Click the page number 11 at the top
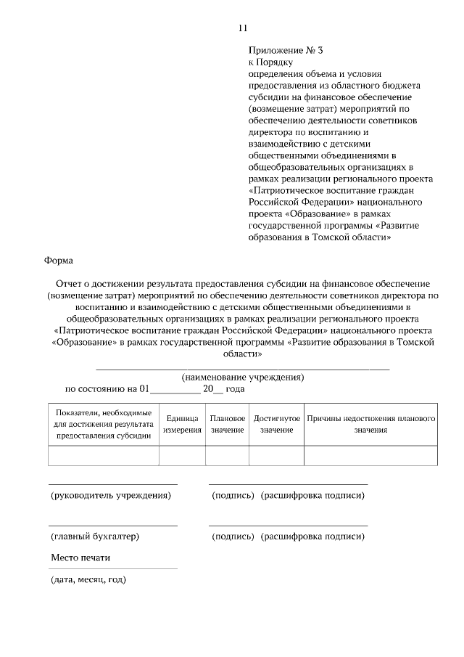[242, 28]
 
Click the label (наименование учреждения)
[243, 377]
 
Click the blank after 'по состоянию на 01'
[174, 389]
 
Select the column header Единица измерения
[182, 425]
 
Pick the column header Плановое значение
[227, 425]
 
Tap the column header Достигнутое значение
[276, 425]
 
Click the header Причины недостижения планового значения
[370, 425]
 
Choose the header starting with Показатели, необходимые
[103, 425]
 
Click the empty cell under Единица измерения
[182, 455]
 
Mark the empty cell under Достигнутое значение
[276, 455]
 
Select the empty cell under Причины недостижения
[370, 455]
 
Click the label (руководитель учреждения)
[111, 495]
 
